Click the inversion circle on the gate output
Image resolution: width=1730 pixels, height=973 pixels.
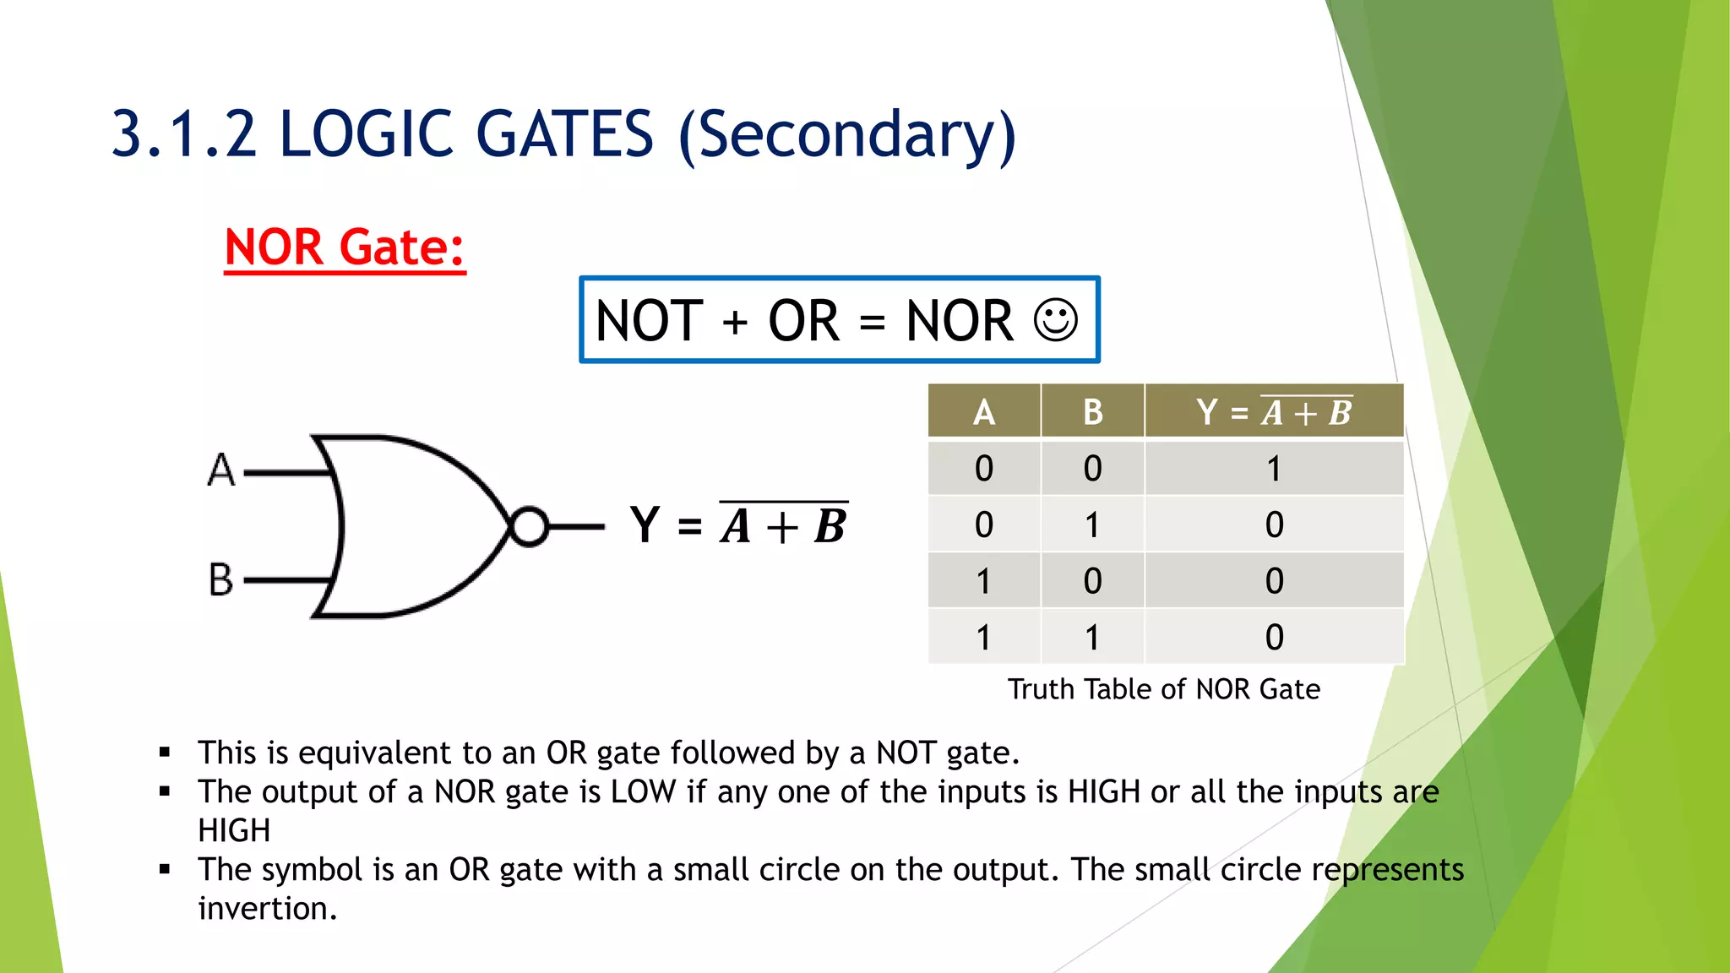[530, 527]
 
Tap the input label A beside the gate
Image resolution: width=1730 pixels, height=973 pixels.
[221, 470]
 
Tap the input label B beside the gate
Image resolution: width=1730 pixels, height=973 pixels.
[221, 579]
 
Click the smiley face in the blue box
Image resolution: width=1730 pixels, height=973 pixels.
[1056, 321]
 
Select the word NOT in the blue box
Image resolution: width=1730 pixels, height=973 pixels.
[649, 321]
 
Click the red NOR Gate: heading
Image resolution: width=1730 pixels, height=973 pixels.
[345, 247]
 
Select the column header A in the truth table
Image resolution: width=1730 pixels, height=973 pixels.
[984, 412]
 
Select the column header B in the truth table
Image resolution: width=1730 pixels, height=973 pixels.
[1092, 412]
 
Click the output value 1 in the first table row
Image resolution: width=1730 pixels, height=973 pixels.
[1274, 469]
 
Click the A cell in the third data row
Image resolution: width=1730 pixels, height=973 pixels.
[984, 581]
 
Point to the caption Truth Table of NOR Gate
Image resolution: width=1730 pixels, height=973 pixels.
[1163, 689]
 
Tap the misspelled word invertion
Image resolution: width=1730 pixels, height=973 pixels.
[267, 909]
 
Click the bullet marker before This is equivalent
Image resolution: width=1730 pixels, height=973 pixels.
[165, 752]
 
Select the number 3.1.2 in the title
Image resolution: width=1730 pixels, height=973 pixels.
[183, 135]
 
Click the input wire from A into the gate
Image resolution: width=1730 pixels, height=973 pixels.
[287, 473]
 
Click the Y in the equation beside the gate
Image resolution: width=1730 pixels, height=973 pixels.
[645, 525]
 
